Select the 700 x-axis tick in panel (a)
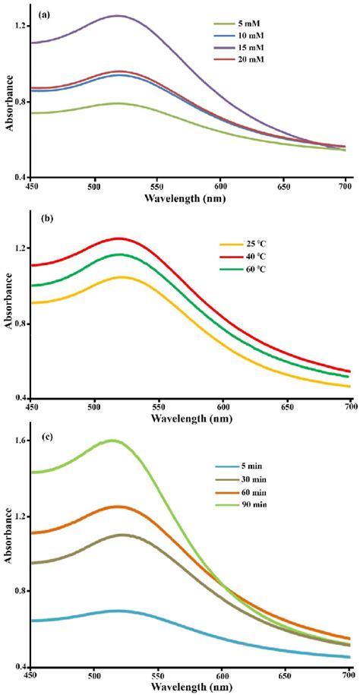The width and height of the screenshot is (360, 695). [345, 186]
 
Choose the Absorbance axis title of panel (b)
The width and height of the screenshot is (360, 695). [8, 311]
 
